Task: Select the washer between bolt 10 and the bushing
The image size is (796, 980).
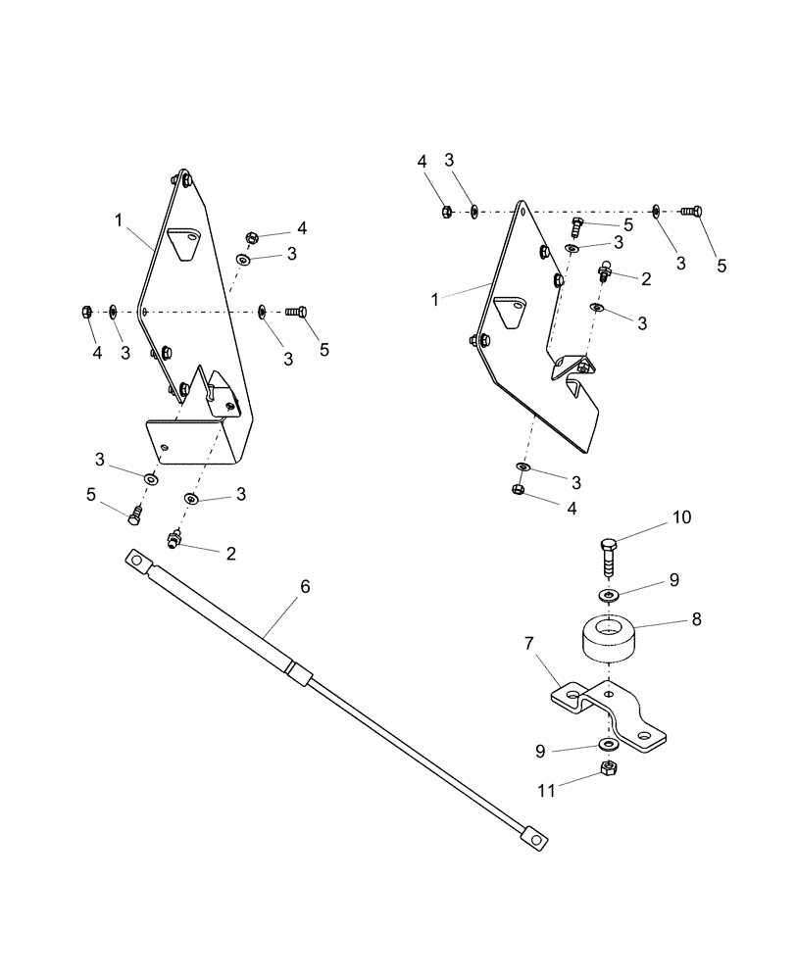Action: tap(608, 595)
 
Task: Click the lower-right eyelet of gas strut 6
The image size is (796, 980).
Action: tap(534, 839)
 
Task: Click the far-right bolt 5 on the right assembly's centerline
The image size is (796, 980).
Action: tap(691, 210)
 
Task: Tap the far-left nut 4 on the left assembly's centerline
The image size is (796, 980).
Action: tap(86, 312)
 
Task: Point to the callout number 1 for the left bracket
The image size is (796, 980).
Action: tap(119, 220)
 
